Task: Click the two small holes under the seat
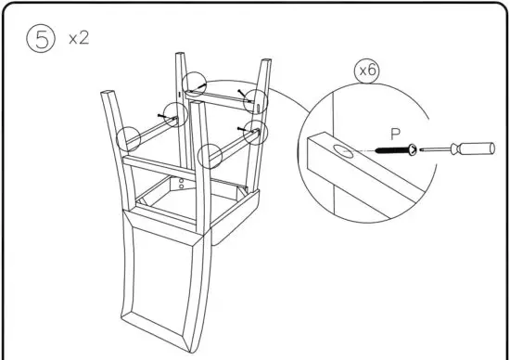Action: (x=182, y=182)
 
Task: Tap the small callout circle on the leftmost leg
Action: (x=129, y=140)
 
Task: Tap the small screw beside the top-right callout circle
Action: (x=243, y=92)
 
